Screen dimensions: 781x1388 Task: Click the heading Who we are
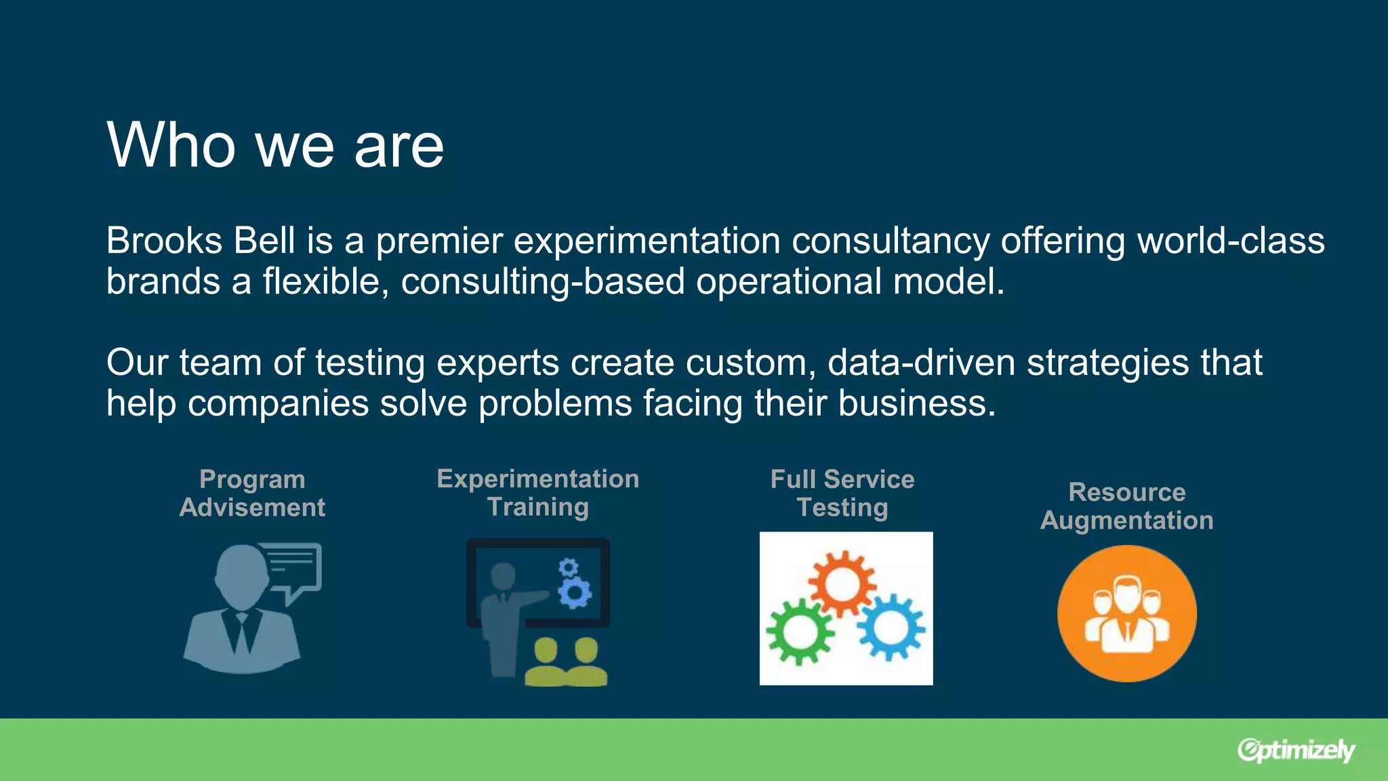[275, 145]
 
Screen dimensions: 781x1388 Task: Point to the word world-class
[1230, 241]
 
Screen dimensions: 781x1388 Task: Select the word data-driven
[921, 363]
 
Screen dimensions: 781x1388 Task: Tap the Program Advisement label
[252, 493]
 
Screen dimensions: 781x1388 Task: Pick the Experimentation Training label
[537, 492]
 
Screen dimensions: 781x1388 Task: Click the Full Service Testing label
[842, 493]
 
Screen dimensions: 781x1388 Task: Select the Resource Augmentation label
[1126, 506]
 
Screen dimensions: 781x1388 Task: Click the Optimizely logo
[1295, 750]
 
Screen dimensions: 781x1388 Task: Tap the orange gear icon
[842, 582]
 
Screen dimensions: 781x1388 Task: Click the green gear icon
[800, 631]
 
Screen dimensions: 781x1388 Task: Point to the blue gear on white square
[891, 627]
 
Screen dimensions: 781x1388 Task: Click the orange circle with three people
[1126, 614]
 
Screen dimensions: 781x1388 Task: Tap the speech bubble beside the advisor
[293, 567]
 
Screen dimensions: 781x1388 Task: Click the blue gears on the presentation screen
[573, 584]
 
